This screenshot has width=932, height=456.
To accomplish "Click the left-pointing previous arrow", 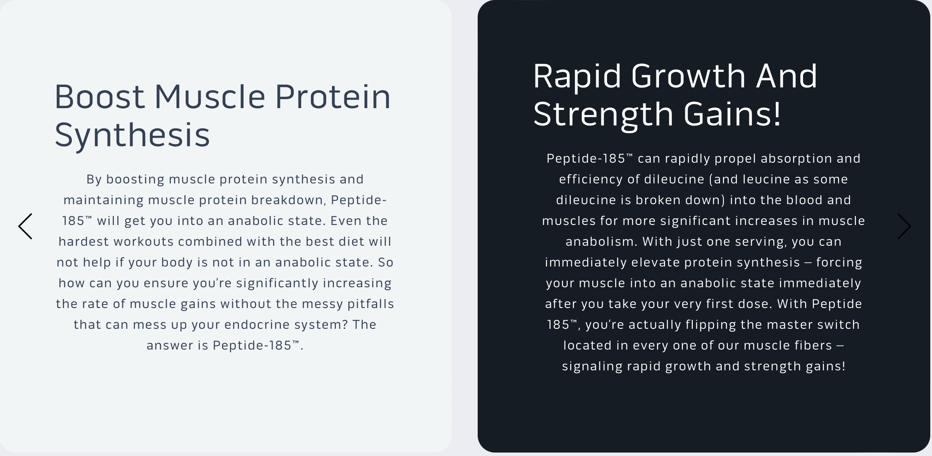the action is pyautogui.click(x=25, y=226).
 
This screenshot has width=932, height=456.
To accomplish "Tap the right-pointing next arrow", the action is pyautogui.click(x=904, y=226).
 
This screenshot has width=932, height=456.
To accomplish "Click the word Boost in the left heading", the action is pyautogui.click(x=100, y=96).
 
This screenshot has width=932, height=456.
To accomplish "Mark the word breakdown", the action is pyautogui.click(x=287, y=200).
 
